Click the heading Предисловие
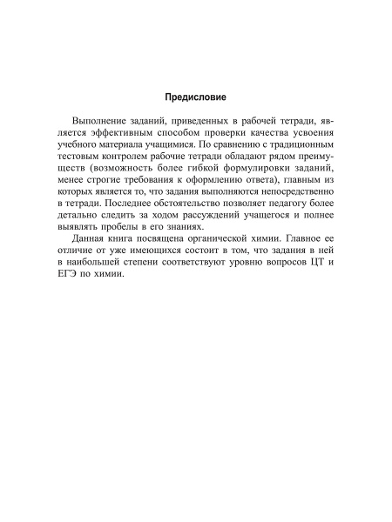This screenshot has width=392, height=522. click(196, 97)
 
